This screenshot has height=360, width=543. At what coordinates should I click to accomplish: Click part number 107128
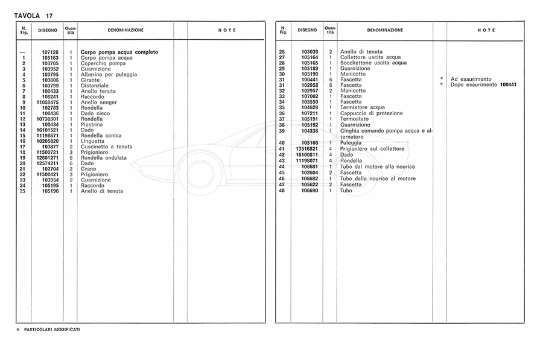point(50,52)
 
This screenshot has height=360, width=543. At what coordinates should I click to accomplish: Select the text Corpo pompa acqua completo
point(119,52)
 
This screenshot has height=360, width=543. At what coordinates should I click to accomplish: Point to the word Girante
point(90,80)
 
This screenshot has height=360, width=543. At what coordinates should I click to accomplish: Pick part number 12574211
point(48,163)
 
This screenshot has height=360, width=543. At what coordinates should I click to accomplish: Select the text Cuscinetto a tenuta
point(106,147)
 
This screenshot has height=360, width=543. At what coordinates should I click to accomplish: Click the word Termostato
point(355,119)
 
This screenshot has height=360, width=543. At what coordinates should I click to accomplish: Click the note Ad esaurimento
point(471,80)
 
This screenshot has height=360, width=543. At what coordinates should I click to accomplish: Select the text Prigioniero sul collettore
point(372,148)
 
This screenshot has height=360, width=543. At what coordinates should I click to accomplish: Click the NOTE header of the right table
point(486,30)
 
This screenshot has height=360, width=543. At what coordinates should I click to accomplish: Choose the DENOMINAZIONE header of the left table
point(125,30)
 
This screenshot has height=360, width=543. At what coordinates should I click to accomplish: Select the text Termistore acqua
point(363,107)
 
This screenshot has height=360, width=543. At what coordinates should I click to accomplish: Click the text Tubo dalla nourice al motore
point(378,178)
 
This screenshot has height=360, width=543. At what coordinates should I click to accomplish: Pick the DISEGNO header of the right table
point(306,30)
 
